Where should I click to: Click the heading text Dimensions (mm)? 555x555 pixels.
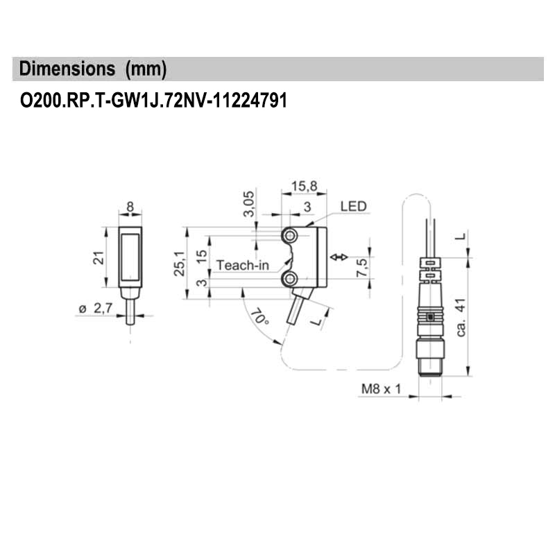(93, 69)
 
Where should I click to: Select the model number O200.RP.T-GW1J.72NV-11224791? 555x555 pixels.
(153, 101)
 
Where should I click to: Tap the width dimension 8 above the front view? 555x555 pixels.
(130, 207)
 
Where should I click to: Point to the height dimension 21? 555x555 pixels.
(98, 258)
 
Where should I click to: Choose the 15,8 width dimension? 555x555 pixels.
(304, 186)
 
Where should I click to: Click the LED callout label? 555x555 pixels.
(353, 207)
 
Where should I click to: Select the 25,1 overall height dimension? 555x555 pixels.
(179, 263)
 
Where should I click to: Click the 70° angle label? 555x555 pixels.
(259, 318)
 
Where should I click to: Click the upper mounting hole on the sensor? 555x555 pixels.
(290, 237)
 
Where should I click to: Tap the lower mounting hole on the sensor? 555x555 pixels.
(290, 279)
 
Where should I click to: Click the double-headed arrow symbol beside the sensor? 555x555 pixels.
(339, 257)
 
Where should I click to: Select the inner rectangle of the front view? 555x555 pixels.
(130, 258)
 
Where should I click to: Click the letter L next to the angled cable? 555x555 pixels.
(318, 321)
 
